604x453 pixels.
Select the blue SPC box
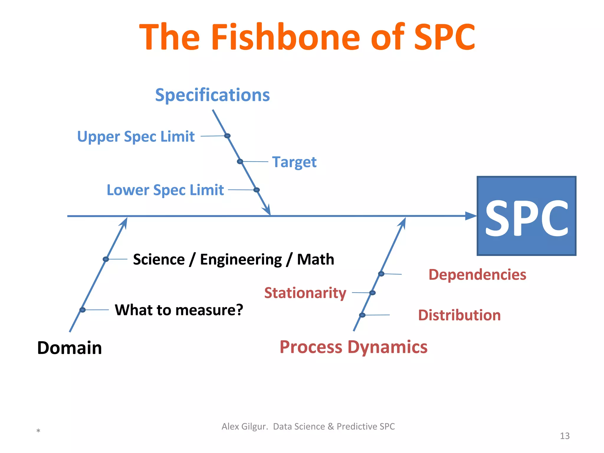click(526, 216)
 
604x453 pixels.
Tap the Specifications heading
click(212, 95)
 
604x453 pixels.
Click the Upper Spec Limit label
click(136, 137)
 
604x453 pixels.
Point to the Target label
click(294, 162)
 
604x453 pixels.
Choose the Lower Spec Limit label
click(165, 190)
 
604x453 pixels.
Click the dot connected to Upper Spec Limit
click(227, 136)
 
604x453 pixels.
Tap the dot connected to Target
click(240, 161)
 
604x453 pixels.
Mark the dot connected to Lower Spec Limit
click(257, 190)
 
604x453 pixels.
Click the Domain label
click(70, 348)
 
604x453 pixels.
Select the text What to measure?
click(179, 310)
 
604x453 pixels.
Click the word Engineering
click(241, 260)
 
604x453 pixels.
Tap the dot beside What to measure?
click(83, 310)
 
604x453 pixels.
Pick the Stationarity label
click(305, 293)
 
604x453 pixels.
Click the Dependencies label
click(477, 275)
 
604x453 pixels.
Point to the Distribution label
click(459, 315)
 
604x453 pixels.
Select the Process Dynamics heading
click(353, 347)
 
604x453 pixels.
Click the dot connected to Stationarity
click(372, 293)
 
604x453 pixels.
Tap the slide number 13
click(564, 436)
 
